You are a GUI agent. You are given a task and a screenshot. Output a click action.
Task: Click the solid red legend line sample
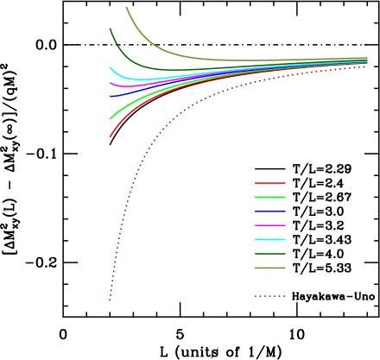click(269, 183)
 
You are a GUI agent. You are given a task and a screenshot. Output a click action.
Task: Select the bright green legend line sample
click(269, 198)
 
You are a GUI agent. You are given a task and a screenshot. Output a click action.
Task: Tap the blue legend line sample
click(269, 212)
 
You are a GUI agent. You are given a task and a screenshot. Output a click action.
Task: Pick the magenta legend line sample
click(269, 225)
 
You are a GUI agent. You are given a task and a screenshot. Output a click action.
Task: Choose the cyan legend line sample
click(269, 239)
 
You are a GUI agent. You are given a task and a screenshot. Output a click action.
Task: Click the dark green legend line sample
click(269, 254)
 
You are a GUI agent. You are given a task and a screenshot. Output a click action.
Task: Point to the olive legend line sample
click(269, 268)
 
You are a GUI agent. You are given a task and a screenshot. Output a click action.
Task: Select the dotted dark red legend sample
click(269, 296)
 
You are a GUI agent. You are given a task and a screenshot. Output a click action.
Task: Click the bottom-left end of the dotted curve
click(110, 300)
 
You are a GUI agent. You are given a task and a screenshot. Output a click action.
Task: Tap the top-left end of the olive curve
click(126, 7)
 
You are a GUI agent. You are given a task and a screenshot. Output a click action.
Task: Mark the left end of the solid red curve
click(110, 136)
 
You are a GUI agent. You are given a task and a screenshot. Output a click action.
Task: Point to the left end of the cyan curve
click(110, 67)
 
